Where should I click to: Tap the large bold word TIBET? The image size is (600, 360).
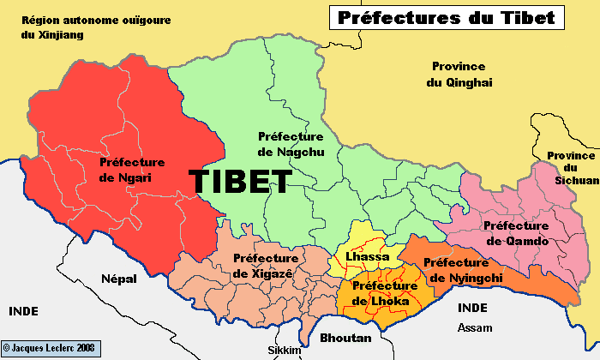[240, 181]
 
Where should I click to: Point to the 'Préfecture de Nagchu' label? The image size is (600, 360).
[290, 144]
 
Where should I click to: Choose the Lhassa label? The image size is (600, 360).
[367, 256]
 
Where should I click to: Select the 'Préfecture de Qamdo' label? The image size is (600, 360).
[516, 233]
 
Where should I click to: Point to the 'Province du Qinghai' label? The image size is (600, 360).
[458, 75]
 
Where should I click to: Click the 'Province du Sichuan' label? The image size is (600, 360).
[572, 168]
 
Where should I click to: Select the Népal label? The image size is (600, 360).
[117, 279]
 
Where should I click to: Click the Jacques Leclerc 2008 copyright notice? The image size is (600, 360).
[51, 349]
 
